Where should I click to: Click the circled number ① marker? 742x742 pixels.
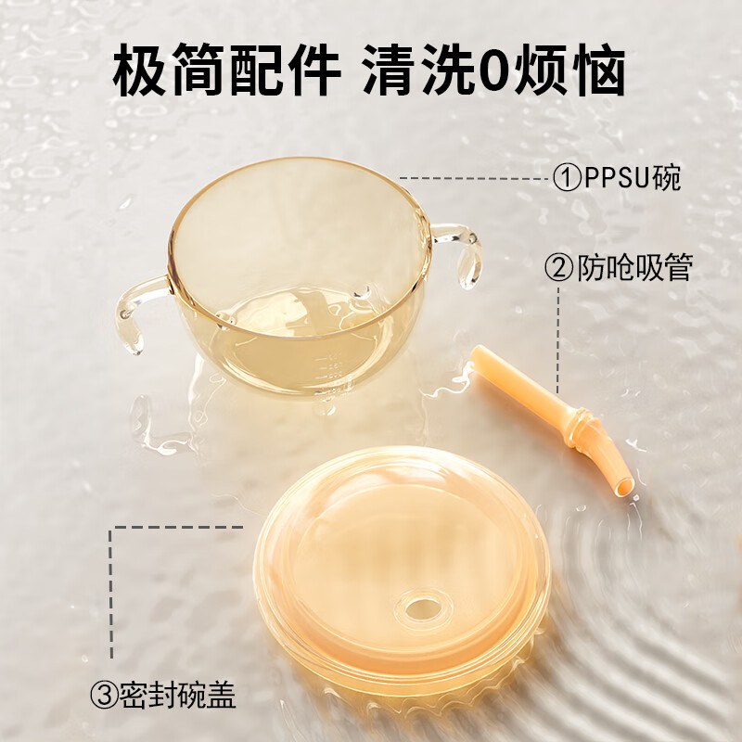point(567,177)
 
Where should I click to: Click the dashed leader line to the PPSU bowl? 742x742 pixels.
point(473,177)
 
